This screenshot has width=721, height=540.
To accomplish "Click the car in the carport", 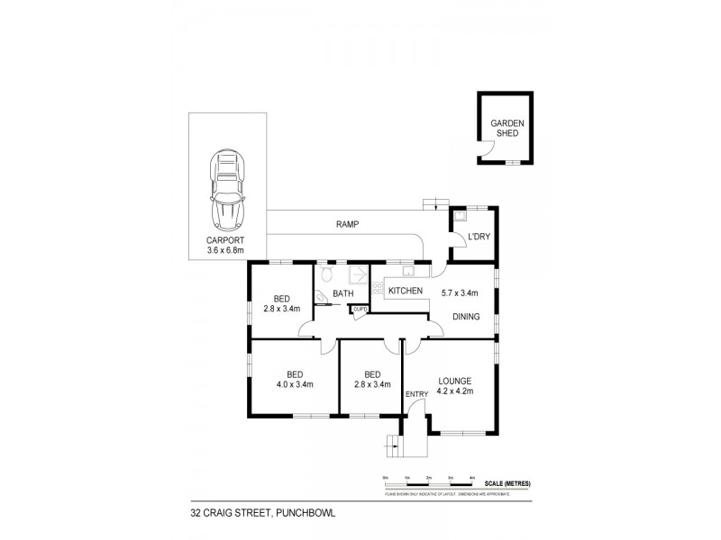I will [228, 191].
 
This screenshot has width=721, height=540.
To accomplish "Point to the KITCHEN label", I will [406, 291].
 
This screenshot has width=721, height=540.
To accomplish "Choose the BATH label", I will [342, 293].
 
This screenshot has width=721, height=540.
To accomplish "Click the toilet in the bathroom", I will [326, 271].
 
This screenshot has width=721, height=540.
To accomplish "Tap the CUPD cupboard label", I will [360, 310].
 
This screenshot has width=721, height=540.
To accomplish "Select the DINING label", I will [466, 317].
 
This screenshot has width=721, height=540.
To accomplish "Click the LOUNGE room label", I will [454, 380].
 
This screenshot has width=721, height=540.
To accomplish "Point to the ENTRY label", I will [416, 393].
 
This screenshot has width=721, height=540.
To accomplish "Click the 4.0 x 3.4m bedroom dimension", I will [295, 385].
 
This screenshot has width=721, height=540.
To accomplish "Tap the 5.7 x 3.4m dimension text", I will [460, 292].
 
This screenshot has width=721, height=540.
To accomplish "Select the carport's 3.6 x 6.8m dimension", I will [225, 249].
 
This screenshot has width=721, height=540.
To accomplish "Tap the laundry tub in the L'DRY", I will [460, 216].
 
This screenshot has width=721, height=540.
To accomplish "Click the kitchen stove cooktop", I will [377, 290].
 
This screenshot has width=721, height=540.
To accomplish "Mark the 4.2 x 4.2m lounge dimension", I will [454, 391].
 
